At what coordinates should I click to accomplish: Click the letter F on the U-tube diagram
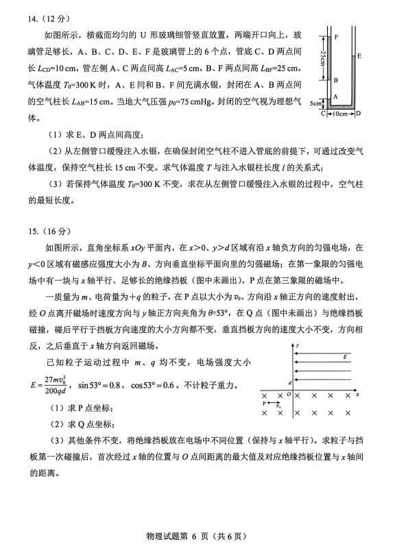coord(335,34)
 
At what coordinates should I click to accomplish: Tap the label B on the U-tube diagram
coord(335,80)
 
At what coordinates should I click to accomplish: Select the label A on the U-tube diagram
coord(335,97)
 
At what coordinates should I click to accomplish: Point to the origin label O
coord(289,395)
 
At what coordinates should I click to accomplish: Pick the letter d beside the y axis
coord(289,382)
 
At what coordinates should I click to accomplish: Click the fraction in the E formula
coord(59,384)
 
